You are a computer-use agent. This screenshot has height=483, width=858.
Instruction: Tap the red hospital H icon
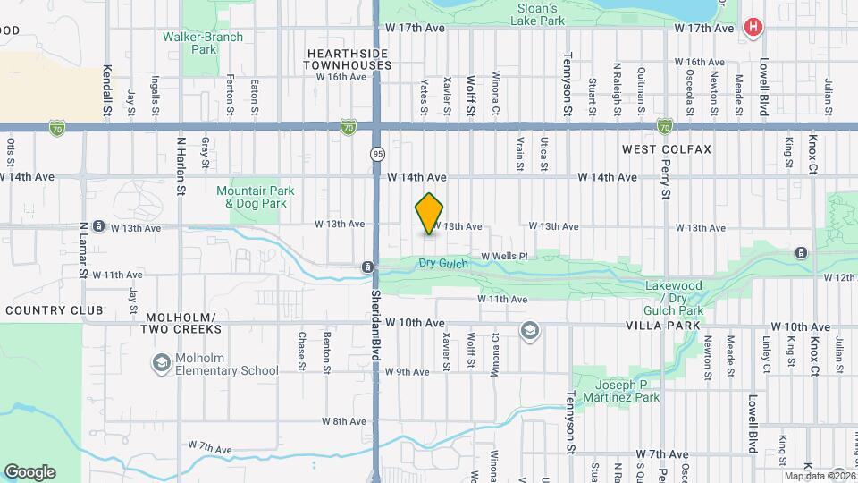753,28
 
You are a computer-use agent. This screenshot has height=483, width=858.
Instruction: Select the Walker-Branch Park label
190,43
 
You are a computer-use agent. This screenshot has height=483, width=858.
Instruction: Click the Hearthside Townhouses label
348,60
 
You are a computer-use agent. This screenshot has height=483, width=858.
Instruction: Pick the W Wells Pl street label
505,257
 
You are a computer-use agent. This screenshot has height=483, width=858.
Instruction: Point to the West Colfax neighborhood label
667,149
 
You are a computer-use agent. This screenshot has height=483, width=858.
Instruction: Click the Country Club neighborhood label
54,310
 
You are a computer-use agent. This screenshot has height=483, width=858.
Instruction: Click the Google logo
29,472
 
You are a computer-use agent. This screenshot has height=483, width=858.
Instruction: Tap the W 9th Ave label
408,371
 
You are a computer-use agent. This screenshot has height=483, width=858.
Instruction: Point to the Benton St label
327,353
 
